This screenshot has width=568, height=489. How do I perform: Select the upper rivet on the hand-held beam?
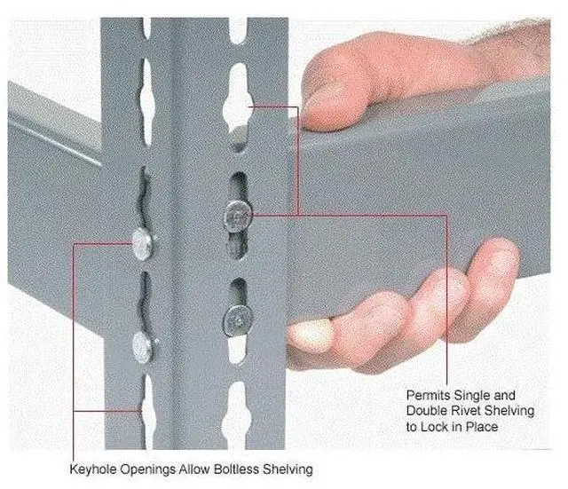pyautogui.click(x=237, y=213)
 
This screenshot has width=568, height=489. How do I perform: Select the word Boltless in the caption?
pyautogui.click(x=240, y=468)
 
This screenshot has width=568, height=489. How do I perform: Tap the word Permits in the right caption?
pyautogui.click(x=427, y=393)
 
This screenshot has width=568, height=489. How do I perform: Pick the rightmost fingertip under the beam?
pyautogui.click(x=497, y=257)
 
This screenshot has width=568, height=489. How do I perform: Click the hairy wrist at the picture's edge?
pyautogui.click(x=541, y=44)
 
